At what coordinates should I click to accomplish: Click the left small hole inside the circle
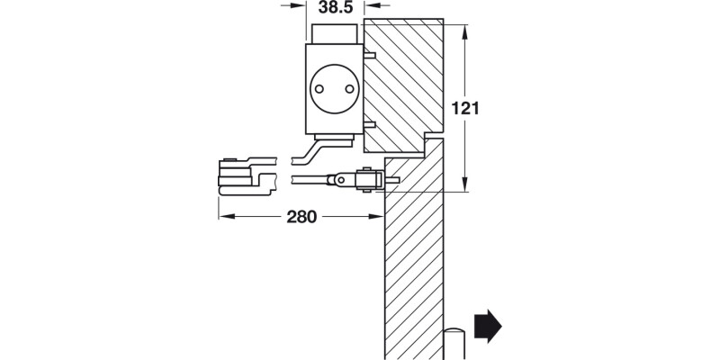[322, 88]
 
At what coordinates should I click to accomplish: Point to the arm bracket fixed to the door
[367, 179]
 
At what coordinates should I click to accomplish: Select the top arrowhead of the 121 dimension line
[463, 30]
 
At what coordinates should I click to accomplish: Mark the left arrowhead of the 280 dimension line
[224, 217]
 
